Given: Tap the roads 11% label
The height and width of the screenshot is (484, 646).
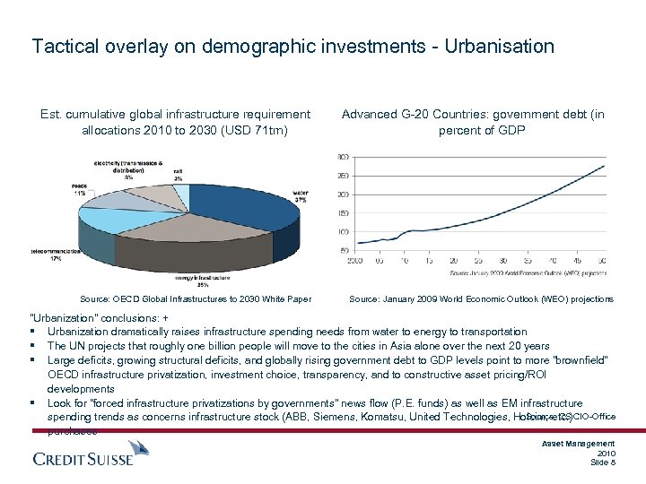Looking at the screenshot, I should pos(80,190).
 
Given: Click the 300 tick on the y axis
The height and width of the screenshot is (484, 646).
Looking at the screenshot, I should pos(343,157).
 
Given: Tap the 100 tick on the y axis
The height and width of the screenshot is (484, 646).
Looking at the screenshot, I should pos(343,232).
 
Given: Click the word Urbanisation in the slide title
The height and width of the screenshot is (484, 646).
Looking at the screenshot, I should pos(498,46).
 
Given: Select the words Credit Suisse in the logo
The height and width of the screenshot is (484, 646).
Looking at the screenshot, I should pos(83,459).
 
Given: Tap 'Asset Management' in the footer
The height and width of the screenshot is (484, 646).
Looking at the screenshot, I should pos(579,444).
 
